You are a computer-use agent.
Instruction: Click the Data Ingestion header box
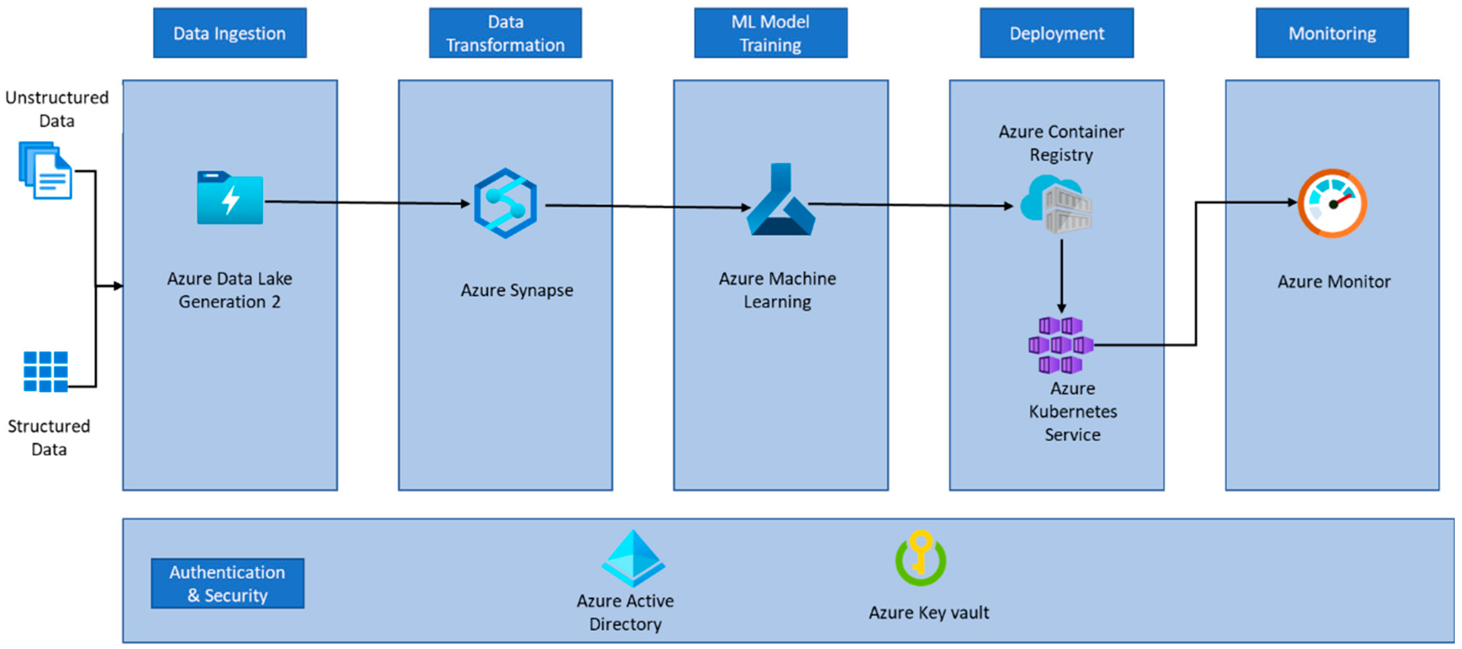(230, 33)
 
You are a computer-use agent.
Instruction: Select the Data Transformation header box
(505, 33)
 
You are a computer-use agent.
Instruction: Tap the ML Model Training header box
(770, 33)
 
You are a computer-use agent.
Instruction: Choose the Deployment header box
(1056, 33)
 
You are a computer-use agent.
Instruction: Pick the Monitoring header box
(1331, 33)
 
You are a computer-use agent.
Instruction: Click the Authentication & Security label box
(227, 583)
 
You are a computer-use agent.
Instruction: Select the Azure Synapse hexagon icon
(505, 203)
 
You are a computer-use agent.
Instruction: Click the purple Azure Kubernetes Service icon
(1060, 345)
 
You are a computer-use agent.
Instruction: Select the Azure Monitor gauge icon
(1333, 203)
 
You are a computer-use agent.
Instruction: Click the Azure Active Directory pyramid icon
(633, 558)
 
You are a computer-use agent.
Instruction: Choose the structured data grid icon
(45, 372)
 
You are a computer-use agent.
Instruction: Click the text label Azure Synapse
(516, 291)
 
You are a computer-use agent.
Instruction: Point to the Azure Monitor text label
(1334, 282)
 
